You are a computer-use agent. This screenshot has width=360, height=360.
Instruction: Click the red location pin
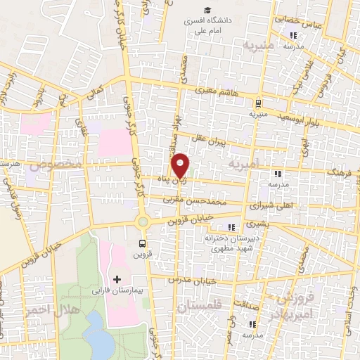pos(181,166)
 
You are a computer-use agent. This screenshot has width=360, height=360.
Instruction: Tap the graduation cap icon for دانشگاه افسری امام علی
pos(207,10)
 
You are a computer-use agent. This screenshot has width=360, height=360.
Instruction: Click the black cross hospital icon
pos(117,279)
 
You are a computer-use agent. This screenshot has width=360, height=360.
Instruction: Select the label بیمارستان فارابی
pos(116,290)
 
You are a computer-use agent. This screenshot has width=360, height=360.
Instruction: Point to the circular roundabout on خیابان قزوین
pos(143,221)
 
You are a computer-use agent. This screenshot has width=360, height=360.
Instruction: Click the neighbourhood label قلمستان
pos(200,307)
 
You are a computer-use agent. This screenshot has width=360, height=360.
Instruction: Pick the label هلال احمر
pos(52,309)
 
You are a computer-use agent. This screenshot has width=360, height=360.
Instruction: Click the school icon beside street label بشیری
pos(231,227)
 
